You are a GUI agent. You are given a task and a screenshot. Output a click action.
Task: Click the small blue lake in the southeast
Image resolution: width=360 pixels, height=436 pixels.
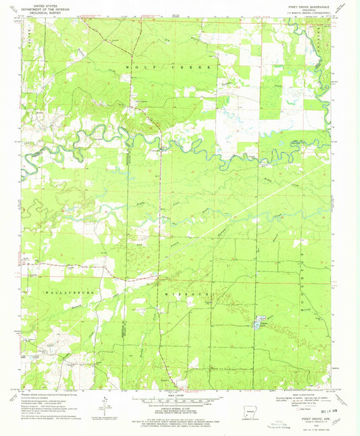pyautogui.click(x=258, y=325)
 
